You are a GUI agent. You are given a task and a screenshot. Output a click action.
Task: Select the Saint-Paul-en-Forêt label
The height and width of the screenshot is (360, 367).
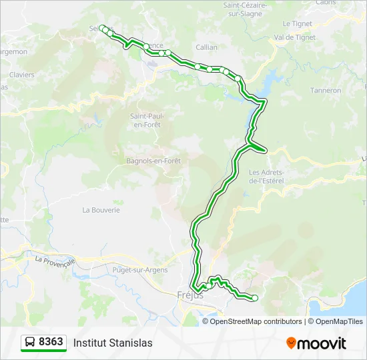[x=147, y=120]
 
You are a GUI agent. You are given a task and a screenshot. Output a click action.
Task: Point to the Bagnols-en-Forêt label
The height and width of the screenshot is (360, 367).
[x=153, y=161]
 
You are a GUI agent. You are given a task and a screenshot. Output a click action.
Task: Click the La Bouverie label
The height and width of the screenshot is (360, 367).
[x=101, y=209]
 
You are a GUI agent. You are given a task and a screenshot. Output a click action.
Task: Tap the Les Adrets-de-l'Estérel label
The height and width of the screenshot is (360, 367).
[x=266, y=177]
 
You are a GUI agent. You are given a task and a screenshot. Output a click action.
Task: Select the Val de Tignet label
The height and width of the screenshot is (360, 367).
[x=294, y=37]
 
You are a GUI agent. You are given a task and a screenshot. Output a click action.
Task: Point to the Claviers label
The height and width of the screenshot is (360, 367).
[x=22, y=75]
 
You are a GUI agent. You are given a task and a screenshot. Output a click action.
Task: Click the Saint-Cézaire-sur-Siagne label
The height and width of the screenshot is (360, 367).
[x=244, y=9]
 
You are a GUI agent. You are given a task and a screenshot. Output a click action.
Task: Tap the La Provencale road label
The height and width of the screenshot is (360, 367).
[x=56, y=259]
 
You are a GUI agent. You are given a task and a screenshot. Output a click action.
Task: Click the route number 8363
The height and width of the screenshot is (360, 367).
[x=51, y=342]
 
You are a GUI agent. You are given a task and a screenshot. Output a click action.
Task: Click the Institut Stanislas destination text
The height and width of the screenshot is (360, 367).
[x=113, y=343]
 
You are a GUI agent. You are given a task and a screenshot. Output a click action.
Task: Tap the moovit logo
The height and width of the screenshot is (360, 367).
[x=316, y=343]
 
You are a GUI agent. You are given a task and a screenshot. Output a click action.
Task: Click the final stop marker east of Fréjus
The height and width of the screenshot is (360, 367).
[x=254, y=297]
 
